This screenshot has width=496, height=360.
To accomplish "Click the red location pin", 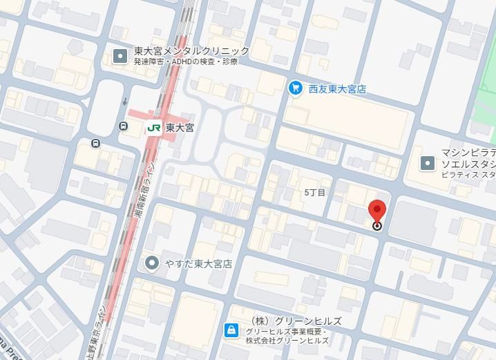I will click(377, 211).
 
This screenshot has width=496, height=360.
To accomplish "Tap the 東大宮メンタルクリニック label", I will click(192, 51).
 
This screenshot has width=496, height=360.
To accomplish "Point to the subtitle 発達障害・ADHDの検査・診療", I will click(186, 62).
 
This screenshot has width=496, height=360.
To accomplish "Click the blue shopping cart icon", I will click(296, 88).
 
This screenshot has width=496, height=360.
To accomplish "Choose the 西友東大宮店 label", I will click(337, 89).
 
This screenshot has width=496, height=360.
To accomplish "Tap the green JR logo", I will click(153, 127).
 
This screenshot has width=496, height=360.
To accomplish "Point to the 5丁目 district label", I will click(314, 191).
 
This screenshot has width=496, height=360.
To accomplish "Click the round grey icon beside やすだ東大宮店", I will click(152, 263).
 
